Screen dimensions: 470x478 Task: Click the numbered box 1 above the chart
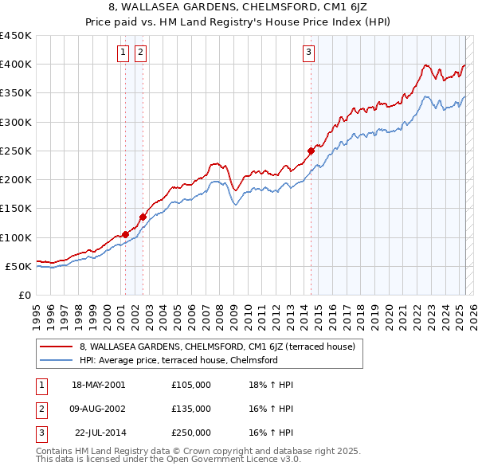point(124,53)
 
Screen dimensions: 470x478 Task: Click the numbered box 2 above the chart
point(140,53)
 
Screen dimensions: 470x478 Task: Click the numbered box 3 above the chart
point(308,53)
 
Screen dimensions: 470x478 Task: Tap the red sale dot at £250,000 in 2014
point(311,151)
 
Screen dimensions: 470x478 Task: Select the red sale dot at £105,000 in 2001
point(126,234)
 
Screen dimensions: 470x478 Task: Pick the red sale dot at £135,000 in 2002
point(143,217)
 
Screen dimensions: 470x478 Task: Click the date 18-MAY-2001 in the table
point(98,385)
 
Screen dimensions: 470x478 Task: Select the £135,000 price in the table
point(190,409)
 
